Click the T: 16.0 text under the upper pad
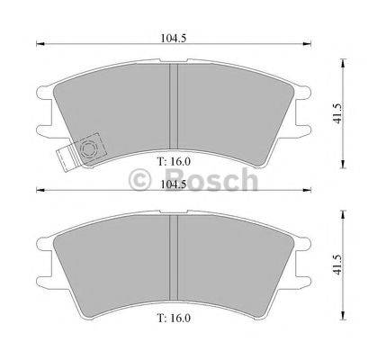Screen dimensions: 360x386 pos(176,162)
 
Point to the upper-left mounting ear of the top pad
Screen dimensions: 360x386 pos(44,91)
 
